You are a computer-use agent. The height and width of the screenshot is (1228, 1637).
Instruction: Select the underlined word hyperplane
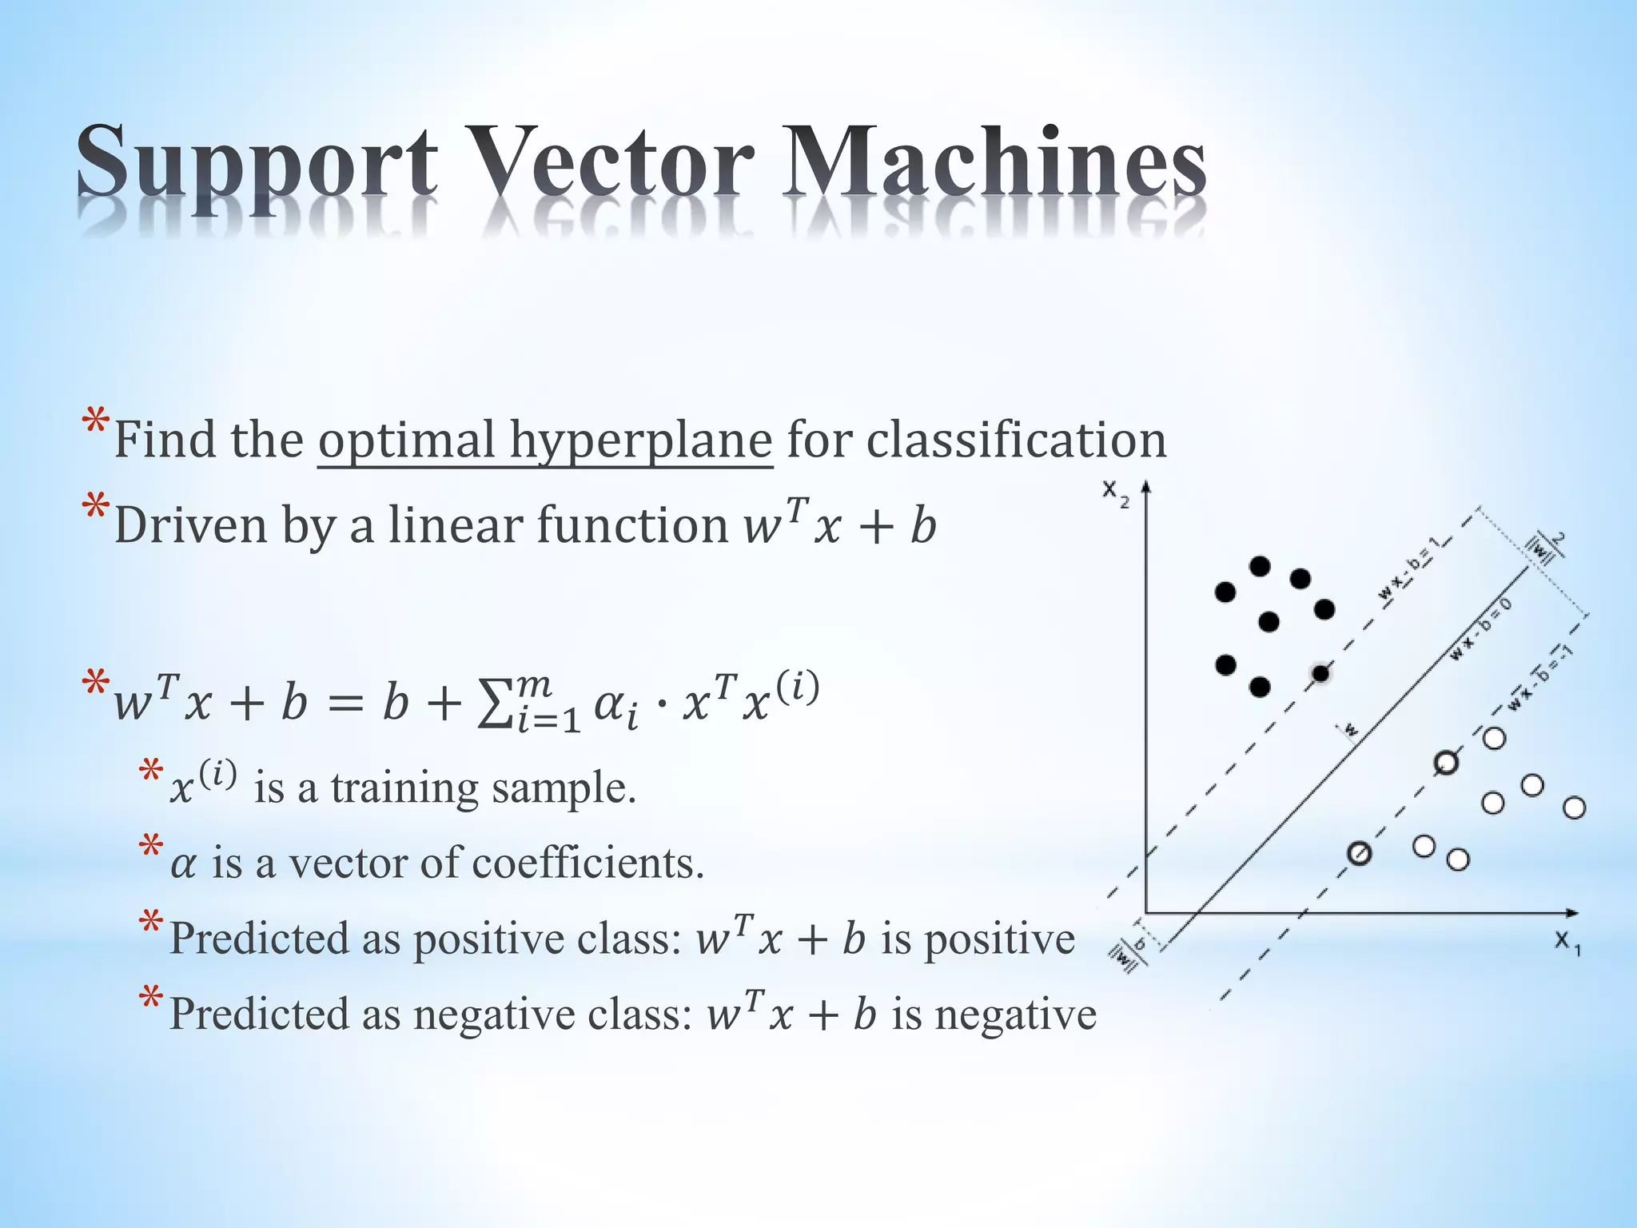(640, 441)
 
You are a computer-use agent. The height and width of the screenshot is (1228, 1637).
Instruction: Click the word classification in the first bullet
(1016, 439)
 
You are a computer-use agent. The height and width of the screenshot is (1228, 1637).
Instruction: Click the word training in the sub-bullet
(404, 787)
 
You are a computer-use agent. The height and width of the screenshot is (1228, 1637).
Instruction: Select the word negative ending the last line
(1015, 1015)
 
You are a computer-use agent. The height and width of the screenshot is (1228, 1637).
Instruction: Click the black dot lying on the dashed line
(1320, 674)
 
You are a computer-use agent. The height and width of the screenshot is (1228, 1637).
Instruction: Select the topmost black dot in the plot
(1260, 566)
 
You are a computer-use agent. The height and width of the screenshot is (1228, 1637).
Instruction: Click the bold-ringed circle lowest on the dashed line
(1359, 854)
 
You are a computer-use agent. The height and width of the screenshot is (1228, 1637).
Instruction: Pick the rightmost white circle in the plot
(1574, 808)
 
